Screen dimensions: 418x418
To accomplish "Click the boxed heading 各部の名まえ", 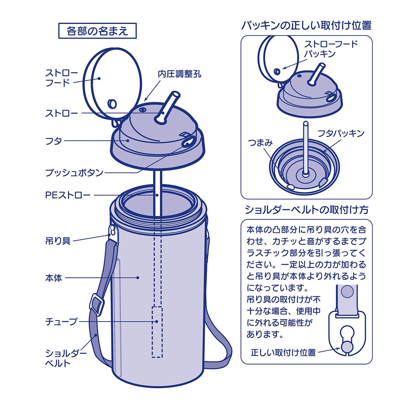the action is click(97, 31).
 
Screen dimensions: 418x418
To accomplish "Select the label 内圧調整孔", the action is click(179, 74).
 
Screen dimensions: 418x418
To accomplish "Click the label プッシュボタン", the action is click(74, 172).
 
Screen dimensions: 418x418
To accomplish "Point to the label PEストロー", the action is click(68, 195).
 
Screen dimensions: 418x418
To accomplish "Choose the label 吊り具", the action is click(58, 241).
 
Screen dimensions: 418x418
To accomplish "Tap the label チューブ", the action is click(61, 322).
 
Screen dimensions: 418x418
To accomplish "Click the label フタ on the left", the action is click(54, 141).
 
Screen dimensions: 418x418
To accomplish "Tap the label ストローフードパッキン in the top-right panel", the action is click(331, 49).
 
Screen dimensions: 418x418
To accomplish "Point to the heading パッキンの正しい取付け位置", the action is click(306, 25).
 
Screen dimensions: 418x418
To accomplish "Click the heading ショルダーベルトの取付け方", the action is click(306, 210).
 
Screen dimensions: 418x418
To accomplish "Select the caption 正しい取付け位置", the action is click(283, 353).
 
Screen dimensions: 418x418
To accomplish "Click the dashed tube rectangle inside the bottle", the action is click(157, 332).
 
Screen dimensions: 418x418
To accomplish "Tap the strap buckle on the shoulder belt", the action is click(98, 304).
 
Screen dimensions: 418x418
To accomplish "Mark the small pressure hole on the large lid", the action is click(142, 110).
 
